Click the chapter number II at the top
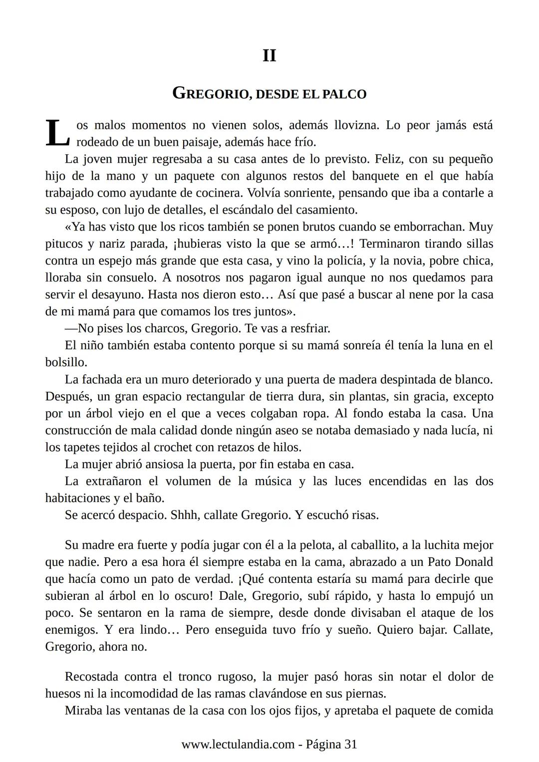[269, 55]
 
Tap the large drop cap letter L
[57, 133]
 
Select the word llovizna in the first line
[356, 125]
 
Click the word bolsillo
[65, 362]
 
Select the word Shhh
[185, 515]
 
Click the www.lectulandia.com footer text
[238, 744]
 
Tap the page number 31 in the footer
[351, 744]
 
